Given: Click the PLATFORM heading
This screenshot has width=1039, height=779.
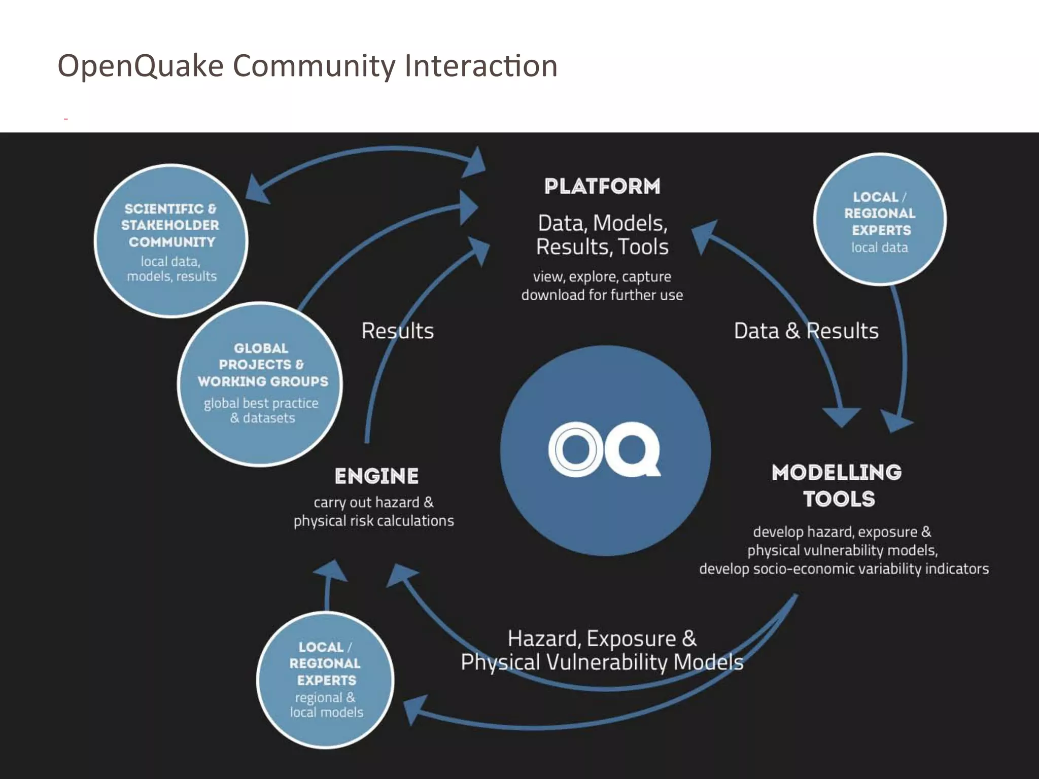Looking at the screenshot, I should [x=602, y=186].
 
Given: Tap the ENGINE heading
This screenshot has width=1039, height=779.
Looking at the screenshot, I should [x=376, y=476].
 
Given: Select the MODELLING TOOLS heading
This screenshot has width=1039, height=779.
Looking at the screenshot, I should [x=837, y=485].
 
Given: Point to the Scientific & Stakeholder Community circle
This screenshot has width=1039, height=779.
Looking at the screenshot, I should [x=171, y=241].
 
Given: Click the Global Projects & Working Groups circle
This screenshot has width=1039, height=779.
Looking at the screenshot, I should [x=260, y=384].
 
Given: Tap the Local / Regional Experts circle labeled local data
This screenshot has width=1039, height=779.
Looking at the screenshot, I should [x=879, y=219].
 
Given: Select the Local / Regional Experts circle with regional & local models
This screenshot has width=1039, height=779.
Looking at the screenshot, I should [x=325, y=680].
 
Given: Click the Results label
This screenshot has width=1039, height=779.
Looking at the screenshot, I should [x=397, y=331].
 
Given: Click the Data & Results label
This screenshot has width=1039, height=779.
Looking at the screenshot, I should [x=806, y=331].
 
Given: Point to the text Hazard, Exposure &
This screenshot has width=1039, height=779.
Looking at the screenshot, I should [x=602, y=639].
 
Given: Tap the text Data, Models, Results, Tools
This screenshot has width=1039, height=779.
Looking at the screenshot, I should [x=602, y=235].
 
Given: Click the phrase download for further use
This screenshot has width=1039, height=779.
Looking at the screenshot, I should [x=602, y=295].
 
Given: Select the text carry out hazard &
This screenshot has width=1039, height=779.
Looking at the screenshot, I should [x=373, y=502].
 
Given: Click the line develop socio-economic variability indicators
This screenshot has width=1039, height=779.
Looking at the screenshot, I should [x=844, y=569].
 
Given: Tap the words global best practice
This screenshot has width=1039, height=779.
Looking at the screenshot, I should [x=261, y=403].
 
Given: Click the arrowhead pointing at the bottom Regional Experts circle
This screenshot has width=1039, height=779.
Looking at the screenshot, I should [x=414, y=710].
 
